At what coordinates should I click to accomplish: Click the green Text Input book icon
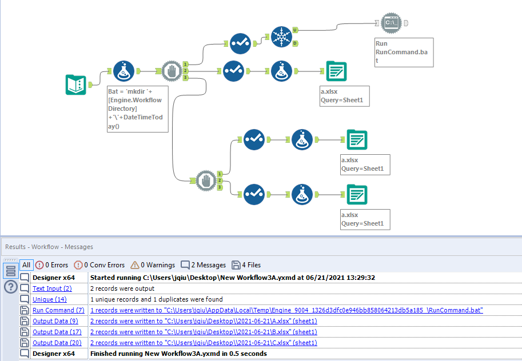click(x=76, y=85)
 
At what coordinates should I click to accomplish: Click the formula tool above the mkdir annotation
click(x=125, y=72)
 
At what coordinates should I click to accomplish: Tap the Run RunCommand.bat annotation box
click(x=404, y=53)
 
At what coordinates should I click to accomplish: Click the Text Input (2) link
click(x=52, y=288)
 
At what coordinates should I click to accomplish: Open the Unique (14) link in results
click(x=49, y=299)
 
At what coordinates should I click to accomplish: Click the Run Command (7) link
click(x=58, y=310)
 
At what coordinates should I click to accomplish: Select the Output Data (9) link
click(x=55, y=321)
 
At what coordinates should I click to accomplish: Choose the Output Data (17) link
click(x=57, y=332)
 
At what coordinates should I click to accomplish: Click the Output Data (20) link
click(x=57, y=343)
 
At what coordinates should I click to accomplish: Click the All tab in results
click(x=26, y=265)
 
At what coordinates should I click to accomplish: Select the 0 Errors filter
click(x=51, y=265)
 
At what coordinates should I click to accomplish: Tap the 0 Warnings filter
click(x=152, y=265)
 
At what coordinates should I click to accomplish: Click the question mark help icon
click(x=11, y=287)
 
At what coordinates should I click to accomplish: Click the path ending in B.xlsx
click(x=204, y=332)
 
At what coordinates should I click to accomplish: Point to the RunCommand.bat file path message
click(x=286, y=310)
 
